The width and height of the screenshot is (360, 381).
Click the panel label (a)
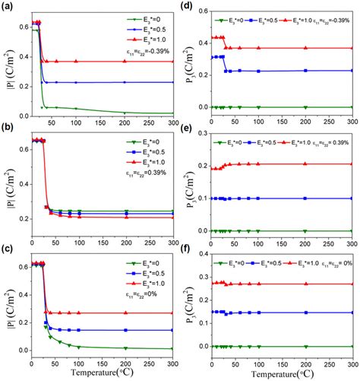(x=7, y=6)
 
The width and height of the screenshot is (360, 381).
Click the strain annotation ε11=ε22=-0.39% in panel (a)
(x=144, y=49)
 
